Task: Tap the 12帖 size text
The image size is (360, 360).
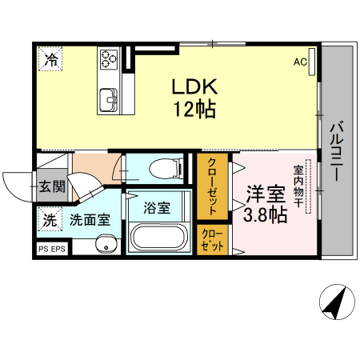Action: point(192,110)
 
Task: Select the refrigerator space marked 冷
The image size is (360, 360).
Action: point(50,58)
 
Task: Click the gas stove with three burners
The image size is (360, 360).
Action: point(108,58)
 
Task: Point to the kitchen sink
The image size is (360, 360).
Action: point(108,99)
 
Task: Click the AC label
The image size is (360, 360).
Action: point(300,62)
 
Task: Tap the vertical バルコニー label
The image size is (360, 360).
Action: point(336,150)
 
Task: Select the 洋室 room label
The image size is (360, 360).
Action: point(265,194)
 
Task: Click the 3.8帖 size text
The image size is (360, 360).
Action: point(265,215)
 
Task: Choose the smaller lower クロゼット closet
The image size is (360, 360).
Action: point(213,240)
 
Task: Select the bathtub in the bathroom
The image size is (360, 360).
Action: point(158,238)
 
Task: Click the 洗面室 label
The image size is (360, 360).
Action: point(89,221)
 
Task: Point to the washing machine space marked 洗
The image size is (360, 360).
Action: point(50,221)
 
